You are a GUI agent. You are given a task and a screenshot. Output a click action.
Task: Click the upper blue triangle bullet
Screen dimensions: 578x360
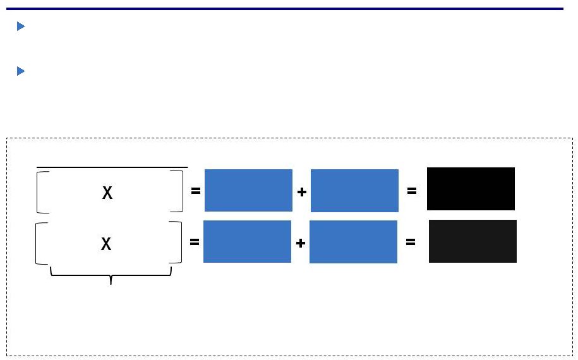coord(21,26)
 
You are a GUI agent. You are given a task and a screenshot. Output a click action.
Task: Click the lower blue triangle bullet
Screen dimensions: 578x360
coord(21,71)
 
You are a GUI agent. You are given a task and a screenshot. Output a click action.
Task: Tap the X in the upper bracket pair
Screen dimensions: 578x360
coord(107,193)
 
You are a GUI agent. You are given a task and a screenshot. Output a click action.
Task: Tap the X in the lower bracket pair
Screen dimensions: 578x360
coord(106,244)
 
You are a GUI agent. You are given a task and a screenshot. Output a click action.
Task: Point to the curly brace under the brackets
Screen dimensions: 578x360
coord(111,275)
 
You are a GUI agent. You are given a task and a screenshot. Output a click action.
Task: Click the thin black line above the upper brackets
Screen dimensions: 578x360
coord(112,167)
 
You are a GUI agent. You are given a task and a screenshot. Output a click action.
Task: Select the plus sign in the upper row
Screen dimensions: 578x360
coord(301,192)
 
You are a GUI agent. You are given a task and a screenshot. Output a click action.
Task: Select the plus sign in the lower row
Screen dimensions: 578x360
coord(301,243)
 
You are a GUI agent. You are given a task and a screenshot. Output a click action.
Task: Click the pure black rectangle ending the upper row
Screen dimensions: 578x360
coord(471,189)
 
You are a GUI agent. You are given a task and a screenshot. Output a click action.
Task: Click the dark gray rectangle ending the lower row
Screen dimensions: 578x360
coord(473,241)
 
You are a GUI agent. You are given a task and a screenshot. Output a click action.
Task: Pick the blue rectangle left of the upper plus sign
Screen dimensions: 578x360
coord(248,191)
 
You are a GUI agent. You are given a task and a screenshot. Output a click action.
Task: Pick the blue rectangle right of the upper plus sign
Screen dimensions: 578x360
coord(354,191)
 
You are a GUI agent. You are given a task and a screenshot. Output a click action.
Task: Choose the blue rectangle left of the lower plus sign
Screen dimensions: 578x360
coord(248,242)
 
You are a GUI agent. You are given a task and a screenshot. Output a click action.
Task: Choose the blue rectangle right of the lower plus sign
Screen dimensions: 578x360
coord(354,242)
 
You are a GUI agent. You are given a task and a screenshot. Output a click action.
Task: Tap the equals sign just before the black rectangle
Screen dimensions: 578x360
coord(412,191)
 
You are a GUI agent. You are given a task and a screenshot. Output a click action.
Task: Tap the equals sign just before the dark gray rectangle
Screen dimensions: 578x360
coord(411,242)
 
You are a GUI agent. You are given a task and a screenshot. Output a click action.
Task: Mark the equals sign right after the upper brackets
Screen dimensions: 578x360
coord(196,191)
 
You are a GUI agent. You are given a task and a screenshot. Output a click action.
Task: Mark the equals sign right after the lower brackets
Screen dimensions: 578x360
coord(195,242)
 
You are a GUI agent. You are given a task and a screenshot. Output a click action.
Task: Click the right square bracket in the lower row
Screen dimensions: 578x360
coord(181,243)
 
